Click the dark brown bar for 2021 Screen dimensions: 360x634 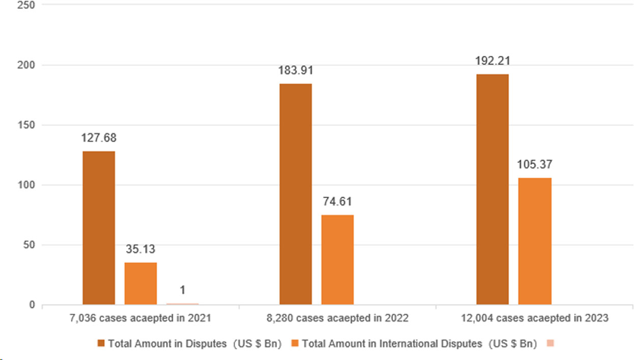coord(99,228)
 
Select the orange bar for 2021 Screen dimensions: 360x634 coord(140,284)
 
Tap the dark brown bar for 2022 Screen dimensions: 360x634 coord(296,194)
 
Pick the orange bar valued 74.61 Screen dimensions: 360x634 coord(337,260)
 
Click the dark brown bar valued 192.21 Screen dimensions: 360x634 coord(492,189)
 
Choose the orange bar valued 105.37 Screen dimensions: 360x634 coord(535,241)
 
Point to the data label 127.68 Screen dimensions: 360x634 coord(98,138)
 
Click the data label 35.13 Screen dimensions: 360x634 coord(141,250)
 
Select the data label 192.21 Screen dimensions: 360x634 coord(493,61)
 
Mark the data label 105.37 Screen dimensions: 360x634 coord(535,165)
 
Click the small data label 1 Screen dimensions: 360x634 coord(183,290)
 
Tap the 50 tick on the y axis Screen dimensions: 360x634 coord(28,245)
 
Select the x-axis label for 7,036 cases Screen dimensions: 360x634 coord(140,318)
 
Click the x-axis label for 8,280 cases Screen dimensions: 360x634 coord(337,318)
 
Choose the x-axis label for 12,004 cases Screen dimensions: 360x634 coord(534,318)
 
